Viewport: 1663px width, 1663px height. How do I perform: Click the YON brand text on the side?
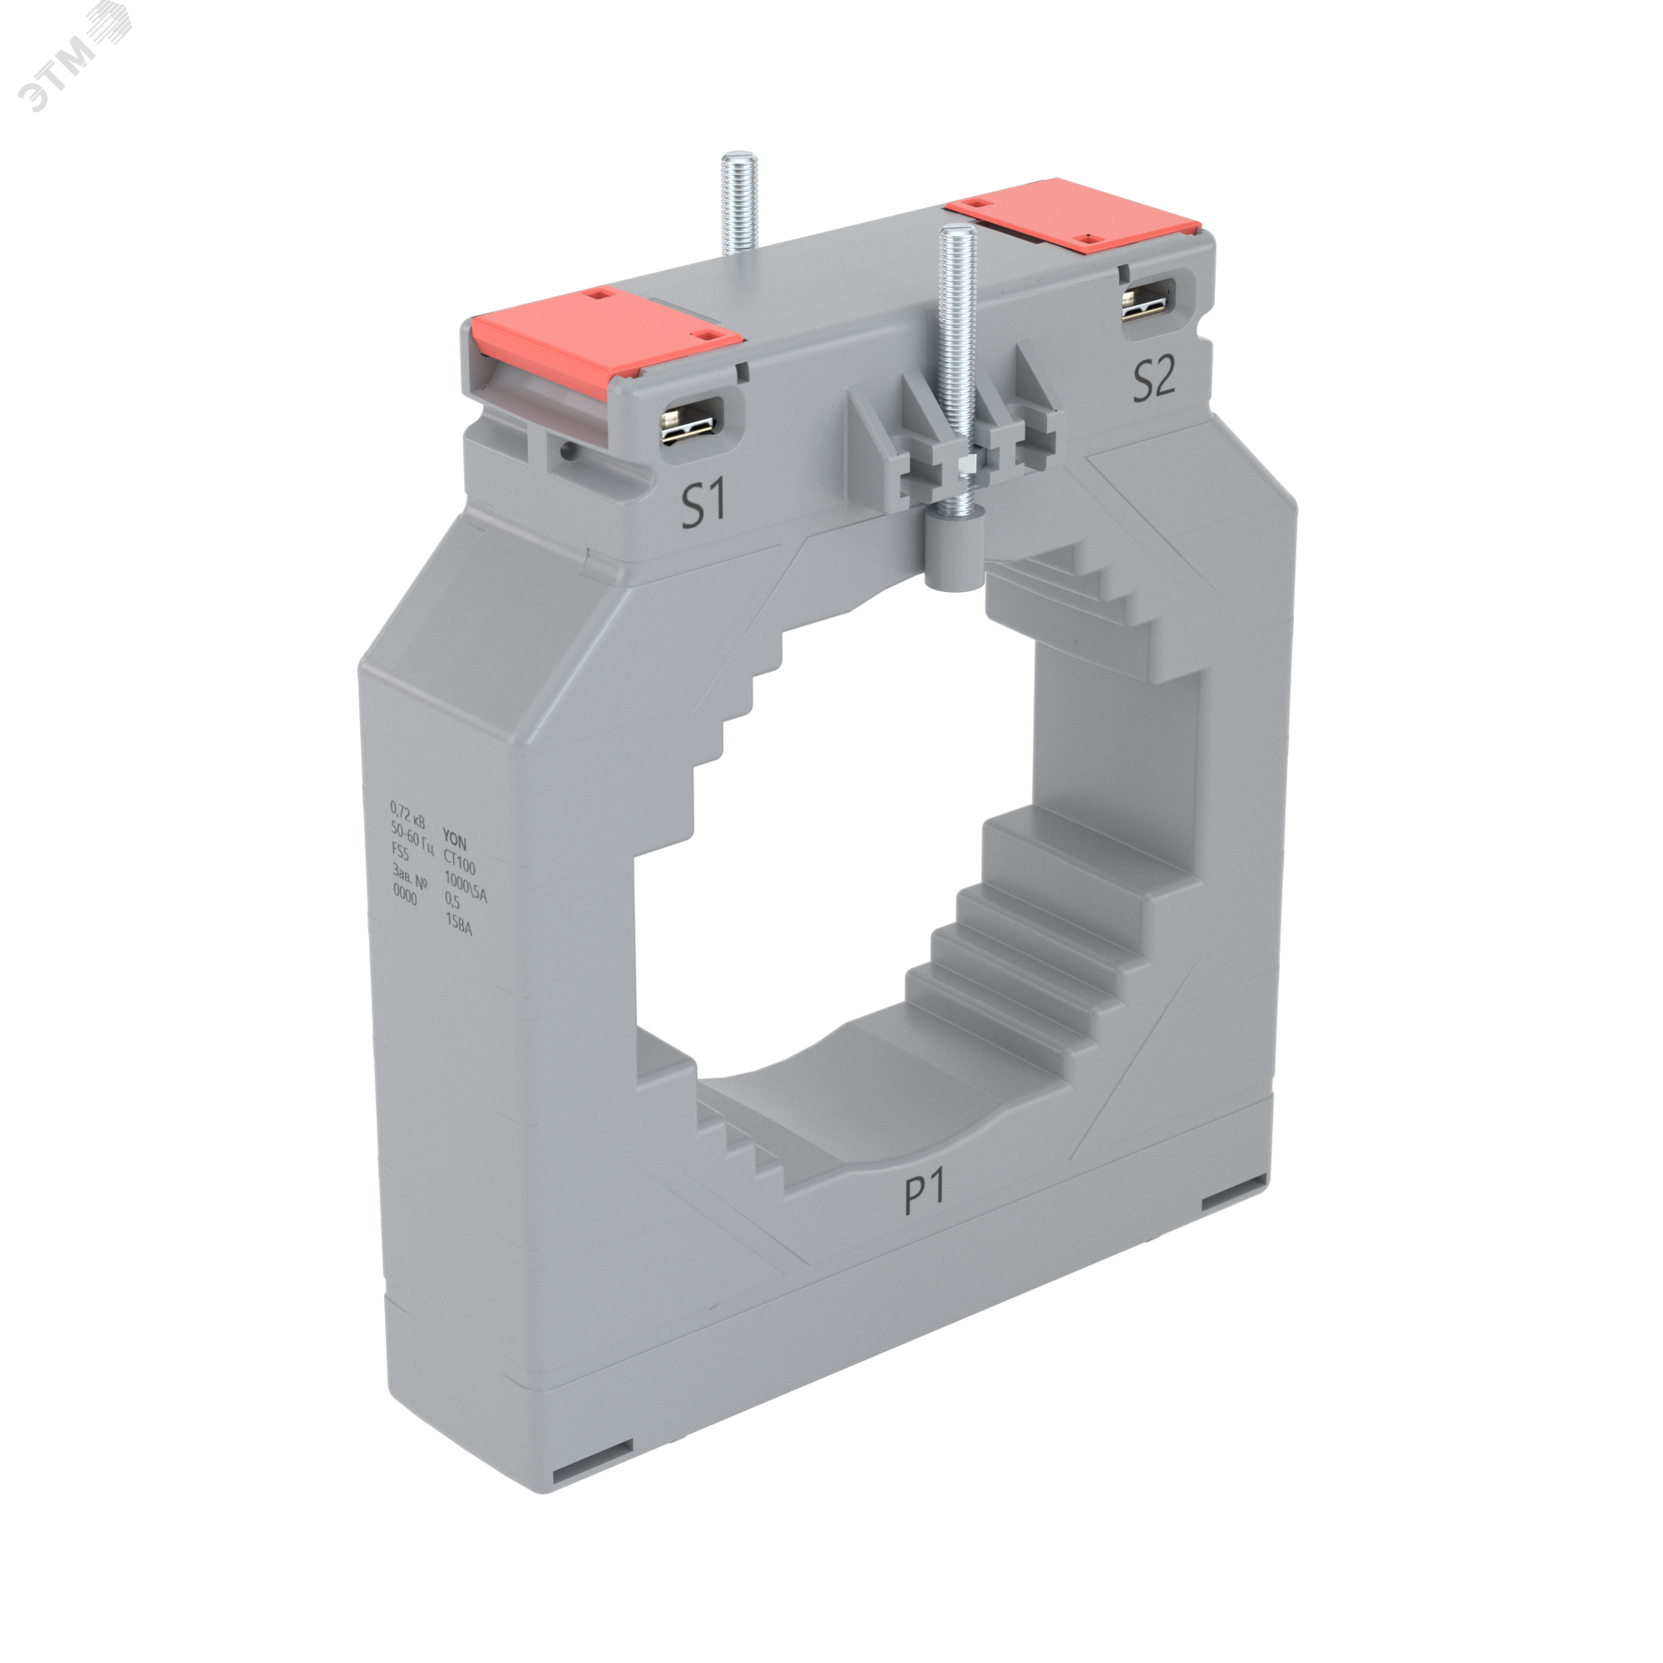tap(455, 838)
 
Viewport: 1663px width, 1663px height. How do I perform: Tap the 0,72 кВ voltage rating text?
tap(407, 813)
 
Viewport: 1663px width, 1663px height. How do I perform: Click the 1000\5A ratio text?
tap(465, 886)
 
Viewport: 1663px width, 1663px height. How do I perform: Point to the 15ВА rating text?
tap(458, 925)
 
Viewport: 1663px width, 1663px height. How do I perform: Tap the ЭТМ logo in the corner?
tap(73, 56)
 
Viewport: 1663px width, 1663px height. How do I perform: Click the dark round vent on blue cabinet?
tap(189, 1073)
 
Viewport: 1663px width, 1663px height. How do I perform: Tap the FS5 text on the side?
tap(400, 851)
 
